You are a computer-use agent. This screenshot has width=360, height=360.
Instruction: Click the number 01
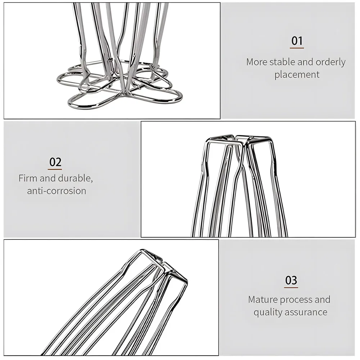pyautogui.click(x=297, y=41)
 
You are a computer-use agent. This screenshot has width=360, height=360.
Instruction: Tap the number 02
pyautogui.click(x=55, y=162)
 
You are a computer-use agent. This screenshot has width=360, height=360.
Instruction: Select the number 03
pyautogui.click(x=291, y=280)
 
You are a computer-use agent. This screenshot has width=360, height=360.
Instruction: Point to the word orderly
pyautogui.click(x=330, y=62)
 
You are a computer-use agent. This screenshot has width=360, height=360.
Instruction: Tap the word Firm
pyautogui.click(x=28, y=178)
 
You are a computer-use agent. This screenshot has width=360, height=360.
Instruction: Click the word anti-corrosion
pyautogui.click(x=57, y=191)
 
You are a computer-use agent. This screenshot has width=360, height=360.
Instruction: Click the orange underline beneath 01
pyautogui.click(x=297, y=48)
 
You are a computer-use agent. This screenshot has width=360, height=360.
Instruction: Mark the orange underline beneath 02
pyautogui.click(x=55, y=169)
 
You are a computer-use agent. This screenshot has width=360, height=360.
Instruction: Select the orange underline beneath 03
pyautogui.click(x=291, y=287)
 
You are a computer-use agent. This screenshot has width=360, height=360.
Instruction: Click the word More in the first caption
pyautogui.click(x=257, y=62)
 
